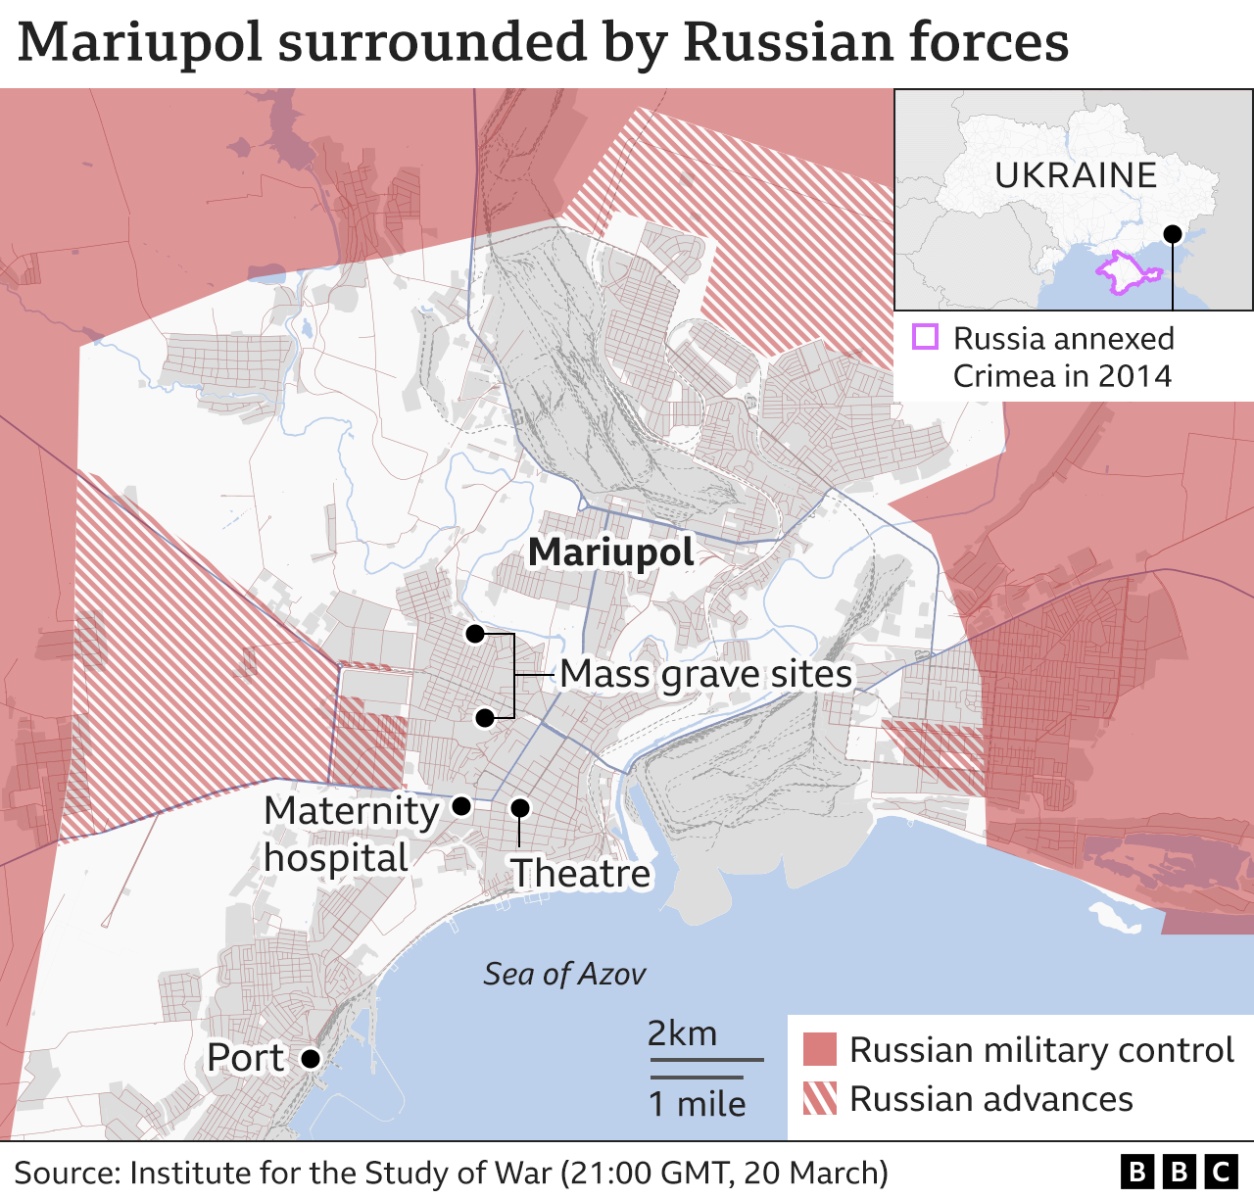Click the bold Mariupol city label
click(x=610, y=552)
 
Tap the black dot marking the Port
click(x=311, y=1059)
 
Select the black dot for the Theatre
click(x=520, y=808)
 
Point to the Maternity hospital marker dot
click(x=461, y=806)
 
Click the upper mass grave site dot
click(x=475, y=634)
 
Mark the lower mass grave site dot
click(x=484, y=718)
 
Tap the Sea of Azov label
click(x=564, y=974)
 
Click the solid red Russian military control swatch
click(x=820, y=1049)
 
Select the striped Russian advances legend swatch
click(x=820, y=1098)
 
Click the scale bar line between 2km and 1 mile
click(x=705, y=1060)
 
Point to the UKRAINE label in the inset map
click(x=1076, y=175)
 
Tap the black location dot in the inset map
click(x=1172, y=234)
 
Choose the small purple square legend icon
click(x=925, y=338)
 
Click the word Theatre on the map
click(x=580, y=873)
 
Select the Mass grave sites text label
click(x=705, y=674)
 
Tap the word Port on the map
click(x=245, y=1058)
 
